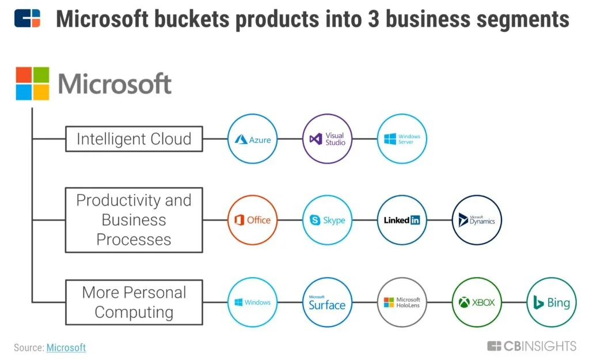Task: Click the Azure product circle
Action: (253, 139)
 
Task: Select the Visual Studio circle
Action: (327, 139)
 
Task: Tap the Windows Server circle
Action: (402, 139)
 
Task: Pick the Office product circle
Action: (253, 220)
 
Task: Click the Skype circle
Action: (327, 220)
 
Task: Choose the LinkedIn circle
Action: (402, 220)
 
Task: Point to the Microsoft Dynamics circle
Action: (477, 220)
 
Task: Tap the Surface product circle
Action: (327, 302)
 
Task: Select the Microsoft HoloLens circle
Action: (402, 302)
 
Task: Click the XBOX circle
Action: (477, 302)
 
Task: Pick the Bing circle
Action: (551, 302)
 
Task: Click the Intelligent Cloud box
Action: (134, 139)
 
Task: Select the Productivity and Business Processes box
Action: (134, 220)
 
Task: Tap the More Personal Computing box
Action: (134, 302)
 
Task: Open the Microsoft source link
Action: (66, 347)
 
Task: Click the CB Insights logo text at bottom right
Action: (532, 346)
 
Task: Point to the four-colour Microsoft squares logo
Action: (32, 84)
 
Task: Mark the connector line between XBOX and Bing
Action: (514, 302)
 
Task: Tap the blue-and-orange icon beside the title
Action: (27, 18)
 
